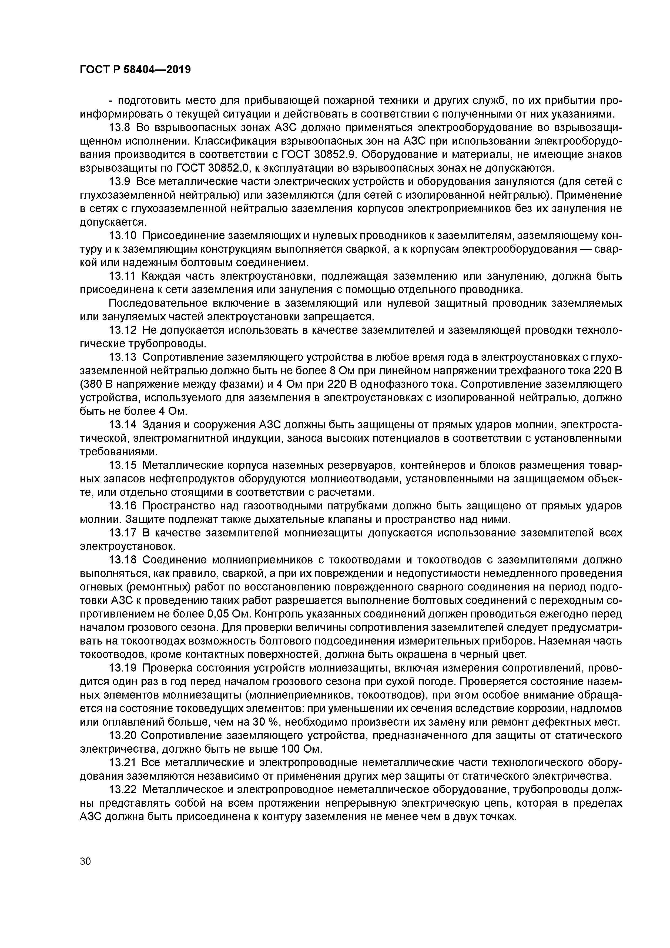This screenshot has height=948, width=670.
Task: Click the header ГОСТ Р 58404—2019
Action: (135, 70)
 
